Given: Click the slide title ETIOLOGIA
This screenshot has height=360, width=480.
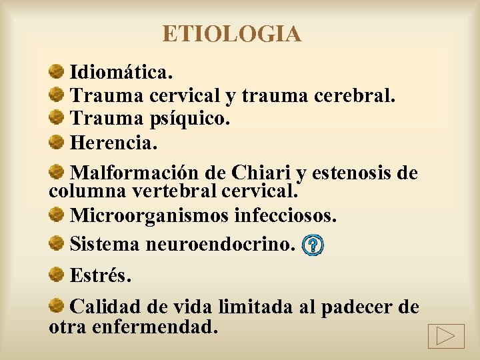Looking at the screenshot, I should (x=231, y=33).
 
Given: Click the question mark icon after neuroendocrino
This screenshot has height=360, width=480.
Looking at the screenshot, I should (x=313, y=246).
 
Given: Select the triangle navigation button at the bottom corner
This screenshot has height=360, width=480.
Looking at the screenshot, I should (x=446, y=335).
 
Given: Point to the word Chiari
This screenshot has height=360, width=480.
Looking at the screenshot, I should (x=261, y=174).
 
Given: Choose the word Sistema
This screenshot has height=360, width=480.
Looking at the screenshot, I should (x=105, y=245).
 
